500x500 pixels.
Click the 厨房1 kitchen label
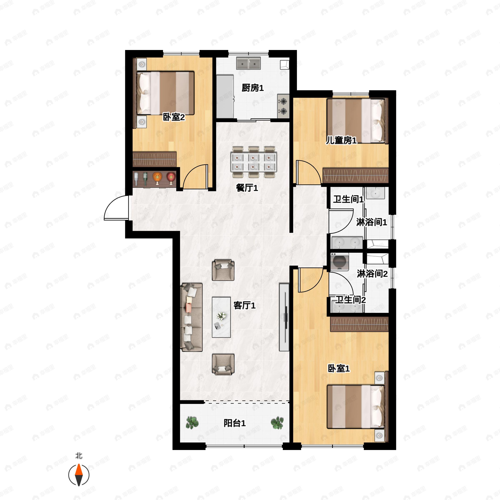point(252,88)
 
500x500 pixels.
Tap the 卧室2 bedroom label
point(174,117)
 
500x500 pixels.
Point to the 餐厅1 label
point(247,188)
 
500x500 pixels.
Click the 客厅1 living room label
point(244,305)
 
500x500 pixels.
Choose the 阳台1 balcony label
point(234,423)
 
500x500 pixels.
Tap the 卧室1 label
point(339,369)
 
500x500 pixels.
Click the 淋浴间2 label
point(372,274)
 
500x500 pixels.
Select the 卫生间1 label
point(348,199)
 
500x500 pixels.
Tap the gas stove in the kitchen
point(283,106)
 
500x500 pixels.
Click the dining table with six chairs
point(254,162)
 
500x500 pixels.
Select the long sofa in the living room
point(191,317)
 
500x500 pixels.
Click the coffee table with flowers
point(221,317)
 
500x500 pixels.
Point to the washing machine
point(340,262)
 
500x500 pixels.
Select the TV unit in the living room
point(284,317)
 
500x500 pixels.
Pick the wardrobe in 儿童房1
point(356,176)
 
